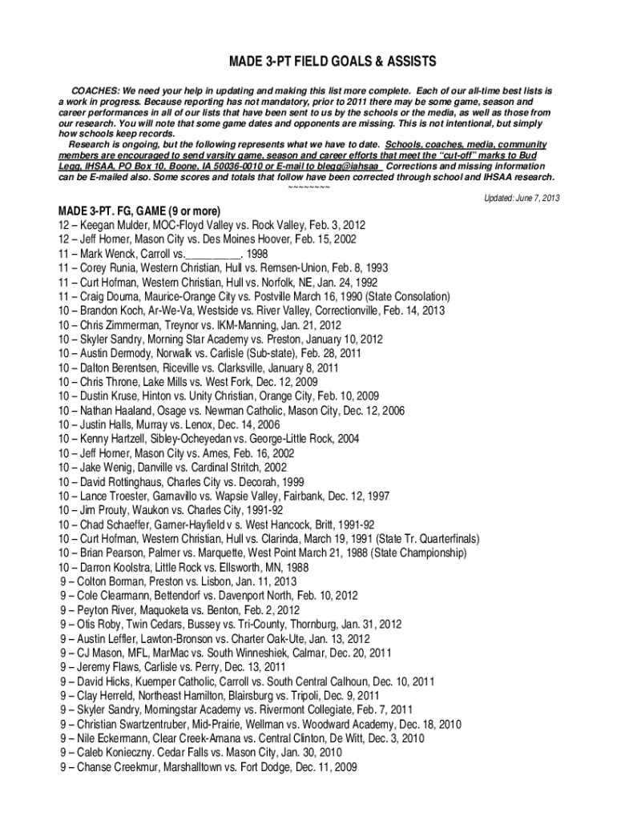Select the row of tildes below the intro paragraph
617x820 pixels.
point(308,187)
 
